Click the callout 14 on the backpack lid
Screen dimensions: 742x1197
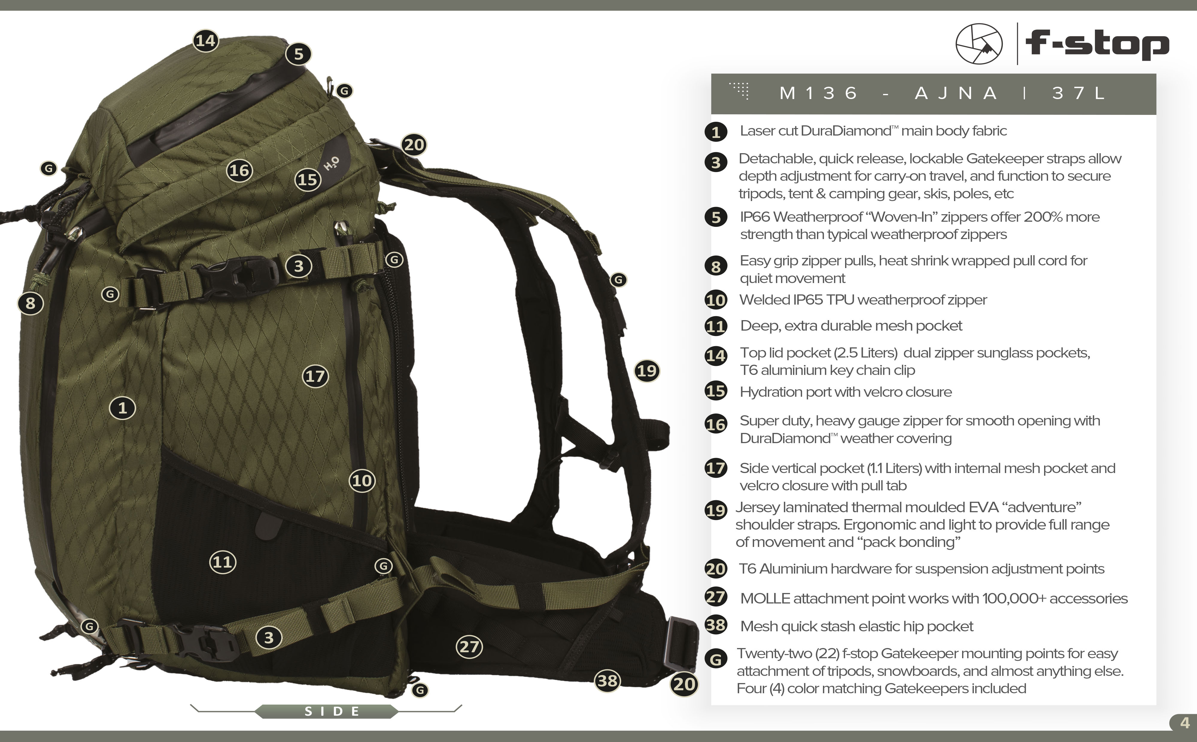[x=206, y=40]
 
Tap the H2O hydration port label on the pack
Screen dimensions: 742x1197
[x=331, y=163]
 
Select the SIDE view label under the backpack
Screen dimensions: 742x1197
[x=332, y=711]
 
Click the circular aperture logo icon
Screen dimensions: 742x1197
[x=979, y=44]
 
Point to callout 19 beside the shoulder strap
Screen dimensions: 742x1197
[x=647, y=370]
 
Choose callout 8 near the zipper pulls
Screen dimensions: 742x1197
[x=31, y=303]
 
